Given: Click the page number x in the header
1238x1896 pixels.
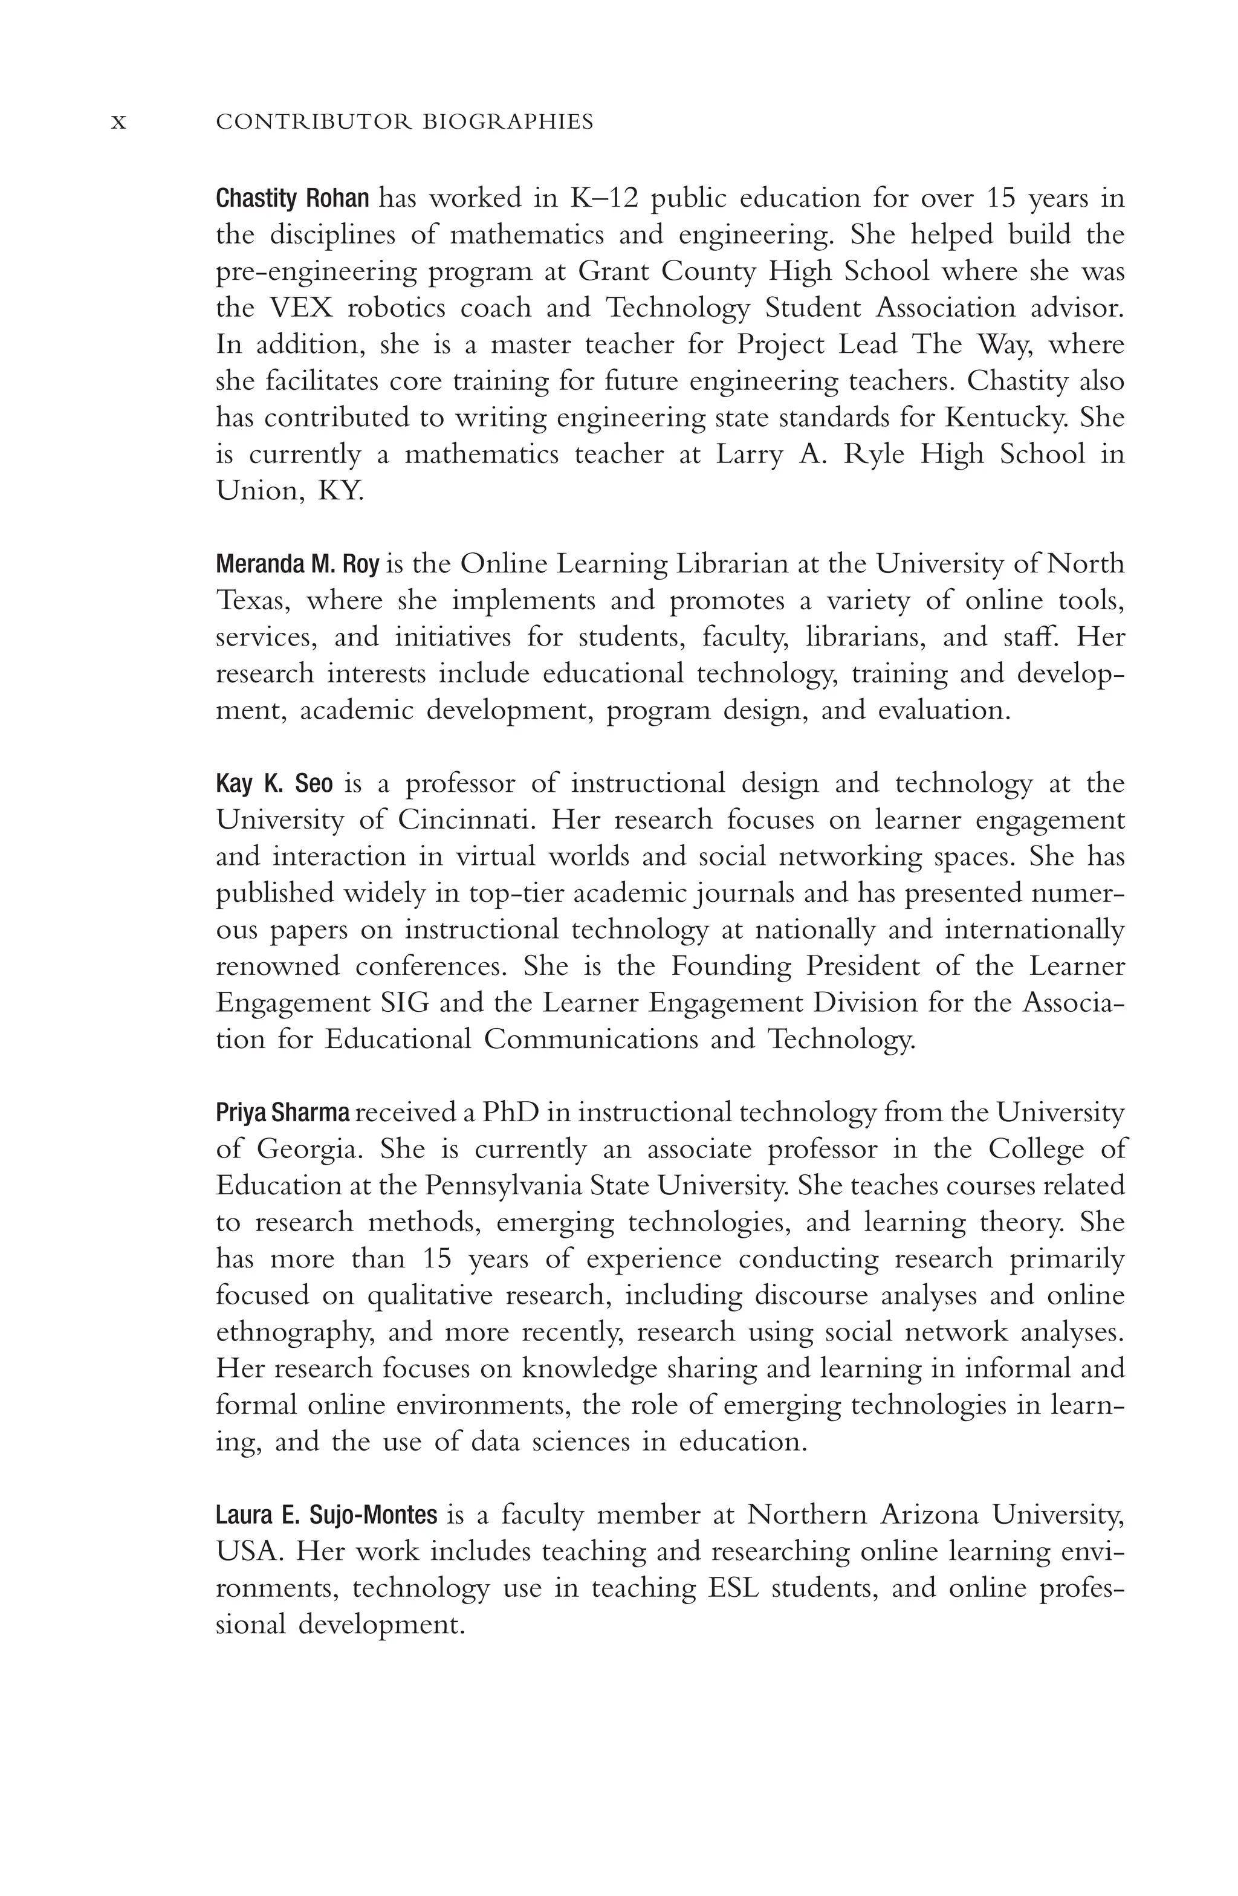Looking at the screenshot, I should (118, 123).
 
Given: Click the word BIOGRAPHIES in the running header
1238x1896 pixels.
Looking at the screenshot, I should (507, 122).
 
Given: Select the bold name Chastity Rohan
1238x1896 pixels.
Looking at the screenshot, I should (293, 198).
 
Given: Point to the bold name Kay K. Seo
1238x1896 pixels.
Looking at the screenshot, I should (274, 784).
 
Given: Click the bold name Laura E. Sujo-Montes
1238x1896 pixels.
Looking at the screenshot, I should (326, 1515).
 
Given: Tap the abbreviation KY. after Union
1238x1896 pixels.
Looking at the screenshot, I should (341, 491).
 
